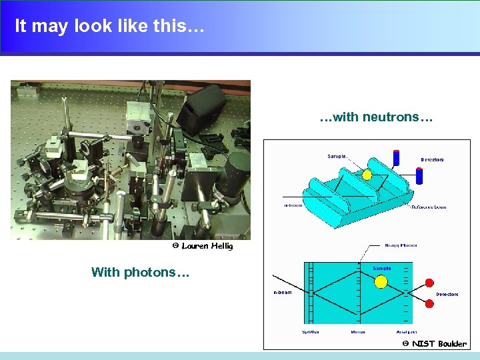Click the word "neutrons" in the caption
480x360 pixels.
(391, 118)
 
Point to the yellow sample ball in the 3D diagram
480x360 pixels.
(367, 175)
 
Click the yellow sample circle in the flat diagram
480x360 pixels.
(381, 281)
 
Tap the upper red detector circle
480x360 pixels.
(429, 283)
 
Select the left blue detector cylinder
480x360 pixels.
(396, 158)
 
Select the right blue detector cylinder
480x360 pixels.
(419, 175)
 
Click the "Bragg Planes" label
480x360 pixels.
(401, 245)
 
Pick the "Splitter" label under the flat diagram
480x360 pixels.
(310, 331)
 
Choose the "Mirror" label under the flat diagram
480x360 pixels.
(358, 331)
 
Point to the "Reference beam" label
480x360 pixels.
(429, 207)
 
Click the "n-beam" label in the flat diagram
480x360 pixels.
(283, 292)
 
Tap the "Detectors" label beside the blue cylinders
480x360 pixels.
(432, 160)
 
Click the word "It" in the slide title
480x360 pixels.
(21, 26)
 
